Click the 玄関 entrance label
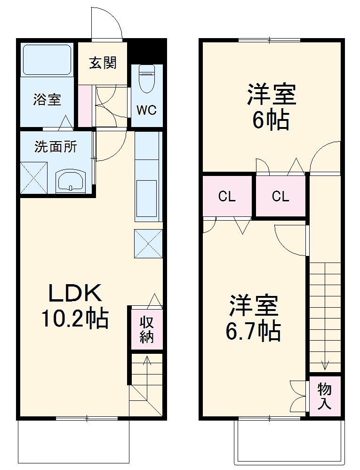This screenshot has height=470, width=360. tap(103, 63)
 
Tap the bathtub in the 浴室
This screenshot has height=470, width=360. tap(47, 60)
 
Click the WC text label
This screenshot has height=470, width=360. tap(146, 110)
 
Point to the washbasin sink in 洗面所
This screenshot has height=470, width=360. tap(71, 181)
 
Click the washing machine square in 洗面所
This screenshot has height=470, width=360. tap(34, 177)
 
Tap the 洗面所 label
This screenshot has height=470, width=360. tap(56, 147)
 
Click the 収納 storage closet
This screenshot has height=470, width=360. tap(147, 330)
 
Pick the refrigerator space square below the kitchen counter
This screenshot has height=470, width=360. tap(148, 243)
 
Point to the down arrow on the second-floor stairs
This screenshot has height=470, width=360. tap(325, 365)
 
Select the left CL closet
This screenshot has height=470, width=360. tap(227, 197)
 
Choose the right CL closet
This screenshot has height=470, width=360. tap(280, 197)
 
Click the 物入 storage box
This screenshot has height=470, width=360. tap(324, 396)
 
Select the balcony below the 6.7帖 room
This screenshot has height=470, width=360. tap(288, 442)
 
